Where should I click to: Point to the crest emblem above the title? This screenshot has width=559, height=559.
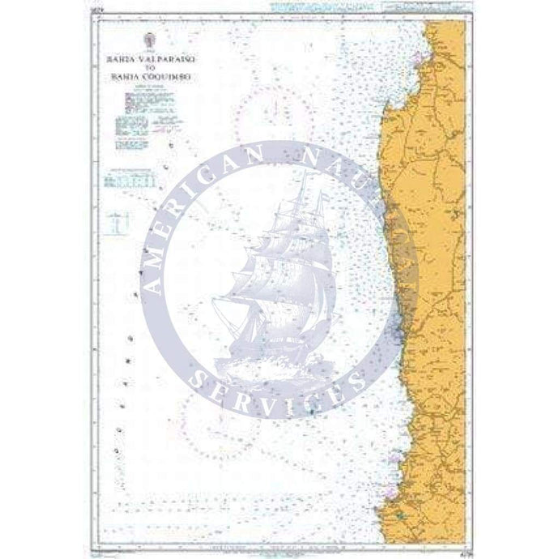(147, 41)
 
